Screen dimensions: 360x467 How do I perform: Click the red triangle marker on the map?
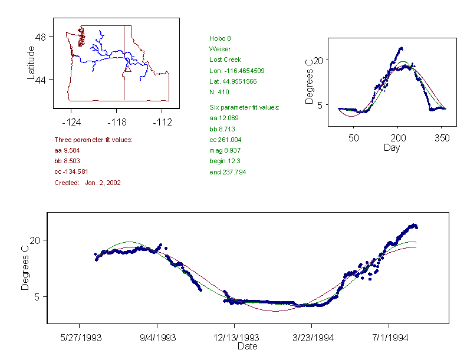(x=127, y=69)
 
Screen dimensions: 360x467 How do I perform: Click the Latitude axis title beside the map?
(x=31, y=64)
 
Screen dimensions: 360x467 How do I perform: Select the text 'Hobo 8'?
(x=219, y=38)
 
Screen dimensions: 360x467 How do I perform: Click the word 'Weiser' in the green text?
(x=219, y=49)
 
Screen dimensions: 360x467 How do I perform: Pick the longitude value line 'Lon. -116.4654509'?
(x=236, y=71)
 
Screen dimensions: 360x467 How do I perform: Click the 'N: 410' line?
(x=219, y=92)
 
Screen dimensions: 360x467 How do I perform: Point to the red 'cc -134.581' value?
(x=71, y=171)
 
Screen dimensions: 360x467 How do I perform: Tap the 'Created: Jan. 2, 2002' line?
(x=87, y=183)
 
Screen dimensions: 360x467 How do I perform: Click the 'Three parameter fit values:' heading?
(x=93, y=140)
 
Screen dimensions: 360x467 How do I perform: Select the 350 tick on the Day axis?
(x=442, y=138)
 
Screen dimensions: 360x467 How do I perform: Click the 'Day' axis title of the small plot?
(x=392, y=147)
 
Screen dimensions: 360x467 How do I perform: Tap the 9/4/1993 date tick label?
(x=157, y=338)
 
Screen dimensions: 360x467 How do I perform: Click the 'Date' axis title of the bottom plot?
(x=247, y=346)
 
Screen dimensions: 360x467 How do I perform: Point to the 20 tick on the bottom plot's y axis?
(x=35, y=240)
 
